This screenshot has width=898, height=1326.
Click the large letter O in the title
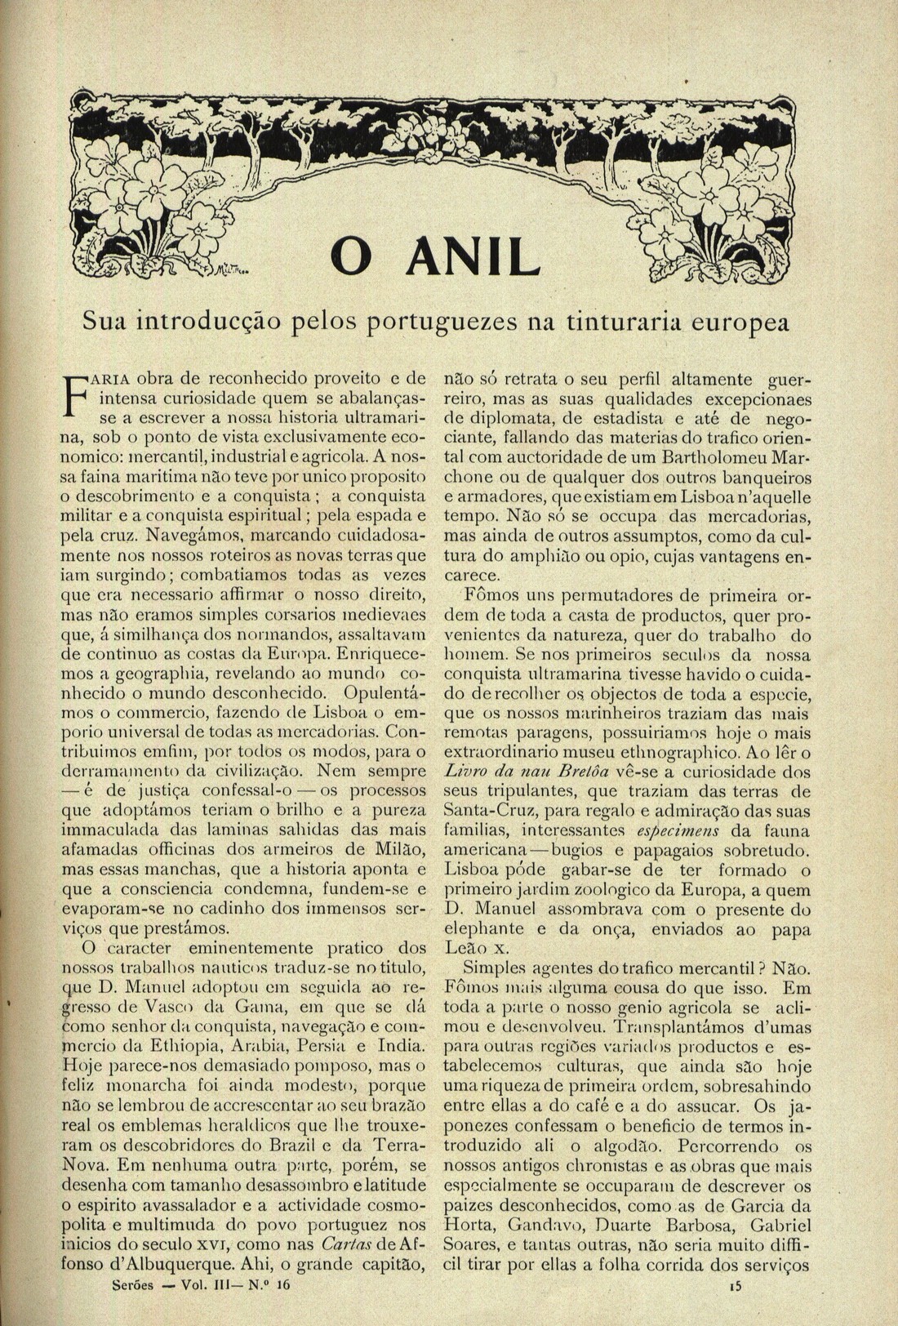tap(357, 257)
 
